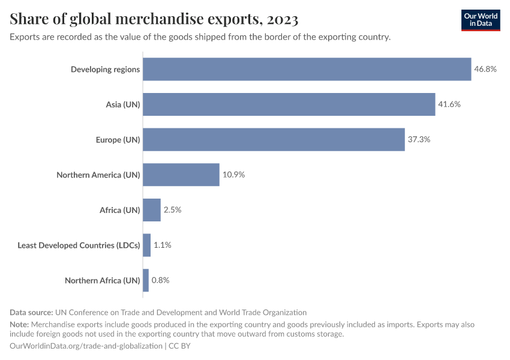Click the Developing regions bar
point(307,69)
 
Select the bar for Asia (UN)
point(289,104)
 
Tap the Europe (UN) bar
point(274,139)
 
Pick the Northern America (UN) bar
point(181,175)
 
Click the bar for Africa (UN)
point(152,210)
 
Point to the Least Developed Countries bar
point(147,245)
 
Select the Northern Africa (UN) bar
point(146,280)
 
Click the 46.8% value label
point(485,69)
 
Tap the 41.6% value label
point(449,104)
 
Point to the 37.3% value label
point(419,139)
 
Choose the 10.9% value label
point(233,175)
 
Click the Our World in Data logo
point(481,20)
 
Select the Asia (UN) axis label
point(123,104)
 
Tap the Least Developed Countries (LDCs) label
point(79,245)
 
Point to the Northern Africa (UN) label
point(102,280)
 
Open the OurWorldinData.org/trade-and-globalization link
point(86,346)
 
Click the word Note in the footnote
point(19,325)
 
